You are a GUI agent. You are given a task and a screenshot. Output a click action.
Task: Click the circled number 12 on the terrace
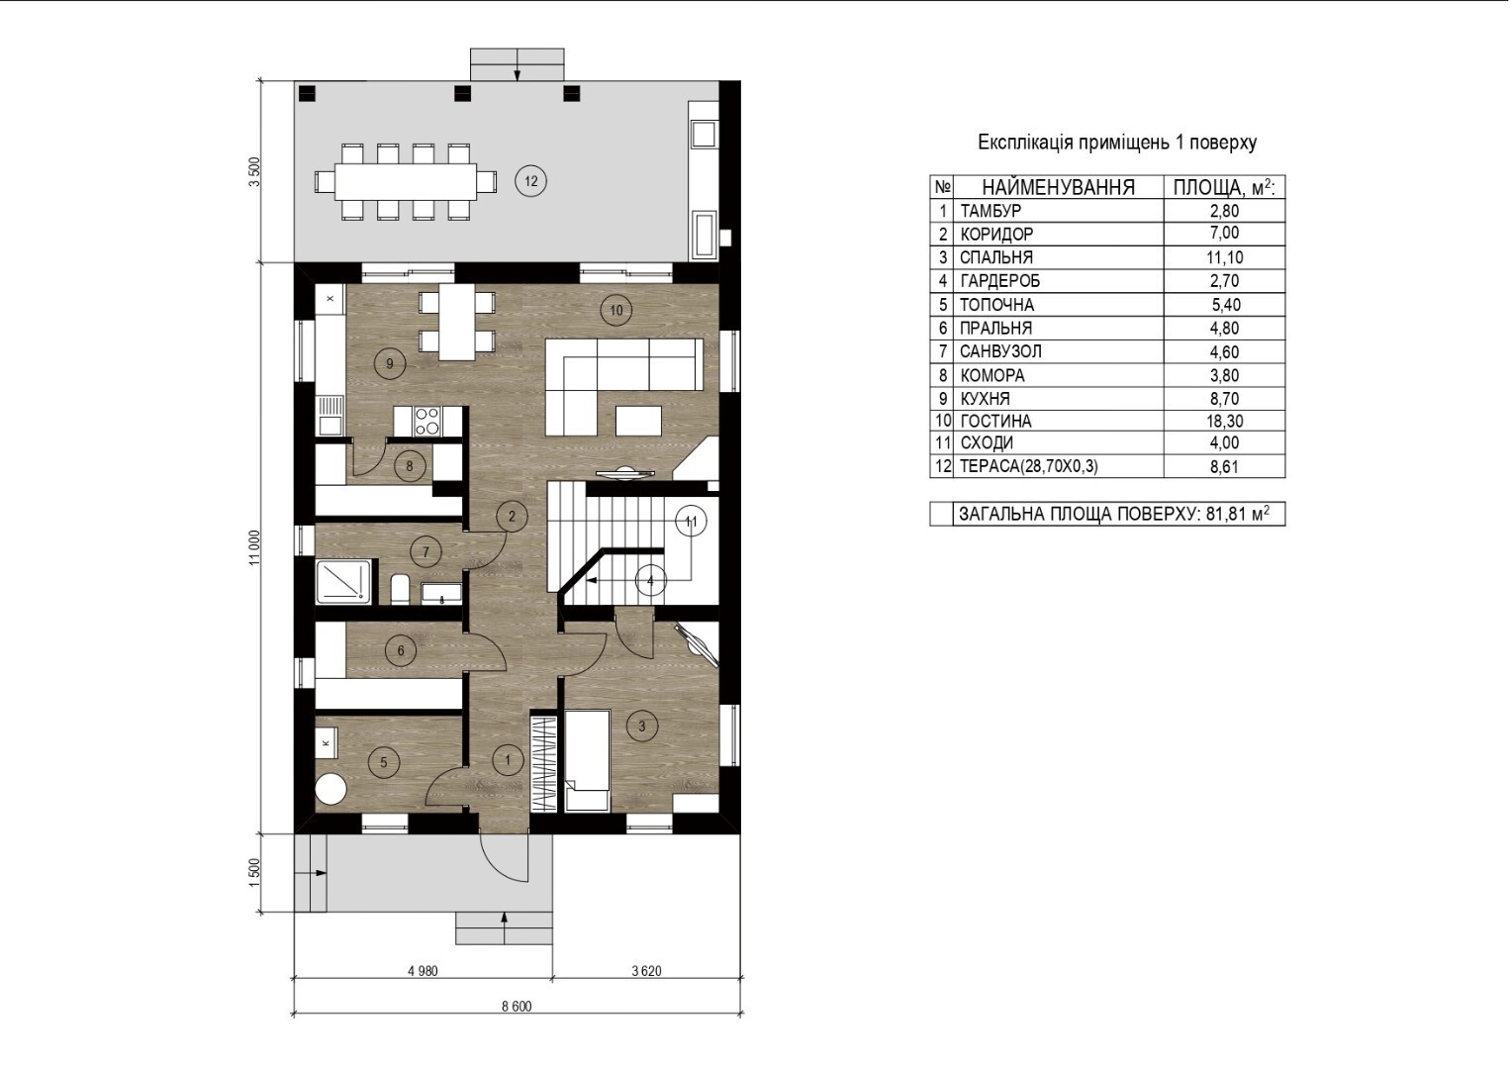click(x=530, y=181)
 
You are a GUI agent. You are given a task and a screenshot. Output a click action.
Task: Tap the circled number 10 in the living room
click(x=616, y=310)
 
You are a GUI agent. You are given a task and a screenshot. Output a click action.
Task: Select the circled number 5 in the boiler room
click(x=384, y=763)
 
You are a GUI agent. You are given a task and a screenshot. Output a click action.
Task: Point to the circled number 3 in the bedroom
click(x=642, y=727)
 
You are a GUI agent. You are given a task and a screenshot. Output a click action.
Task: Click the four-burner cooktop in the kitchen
click(x=427, y=421)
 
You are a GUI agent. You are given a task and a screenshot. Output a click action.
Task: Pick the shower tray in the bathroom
click(x=343, y=581)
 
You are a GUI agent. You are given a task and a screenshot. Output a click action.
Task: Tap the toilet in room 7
click(x=400, y=589)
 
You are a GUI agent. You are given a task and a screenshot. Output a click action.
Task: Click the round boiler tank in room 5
click(x=331, y=789)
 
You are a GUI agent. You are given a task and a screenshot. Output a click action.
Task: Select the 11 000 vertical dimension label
click(x=255, y=547)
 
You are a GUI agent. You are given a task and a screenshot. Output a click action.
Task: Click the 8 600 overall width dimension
click(x=517, y=1007)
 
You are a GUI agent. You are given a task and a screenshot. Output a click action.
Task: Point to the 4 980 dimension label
click(x=423, y=971)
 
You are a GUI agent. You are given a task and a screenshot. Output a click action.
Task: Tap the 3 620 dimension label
click(x=646, y=971)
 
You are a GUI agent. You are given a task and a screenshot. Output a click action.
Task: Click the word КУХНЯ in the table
click(x=985, y=398)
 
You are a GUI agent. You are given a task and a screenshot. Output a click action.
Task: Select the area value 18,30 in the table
click(x=1225, y=421)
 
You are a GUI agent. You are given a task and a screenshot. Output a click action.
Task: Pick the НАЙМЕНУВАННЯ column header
click(x=1059, y=187)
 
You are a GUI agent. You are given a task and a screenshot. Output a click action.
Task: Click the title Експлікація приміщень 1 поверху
click(x=1117, y=143)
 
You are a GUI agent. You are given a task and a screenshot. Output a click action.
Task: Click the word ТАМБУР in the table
click(x=991, y=211)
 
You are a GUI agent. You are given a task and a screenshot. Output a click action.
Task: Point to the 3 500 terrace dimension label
click(x=255, y=172)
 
